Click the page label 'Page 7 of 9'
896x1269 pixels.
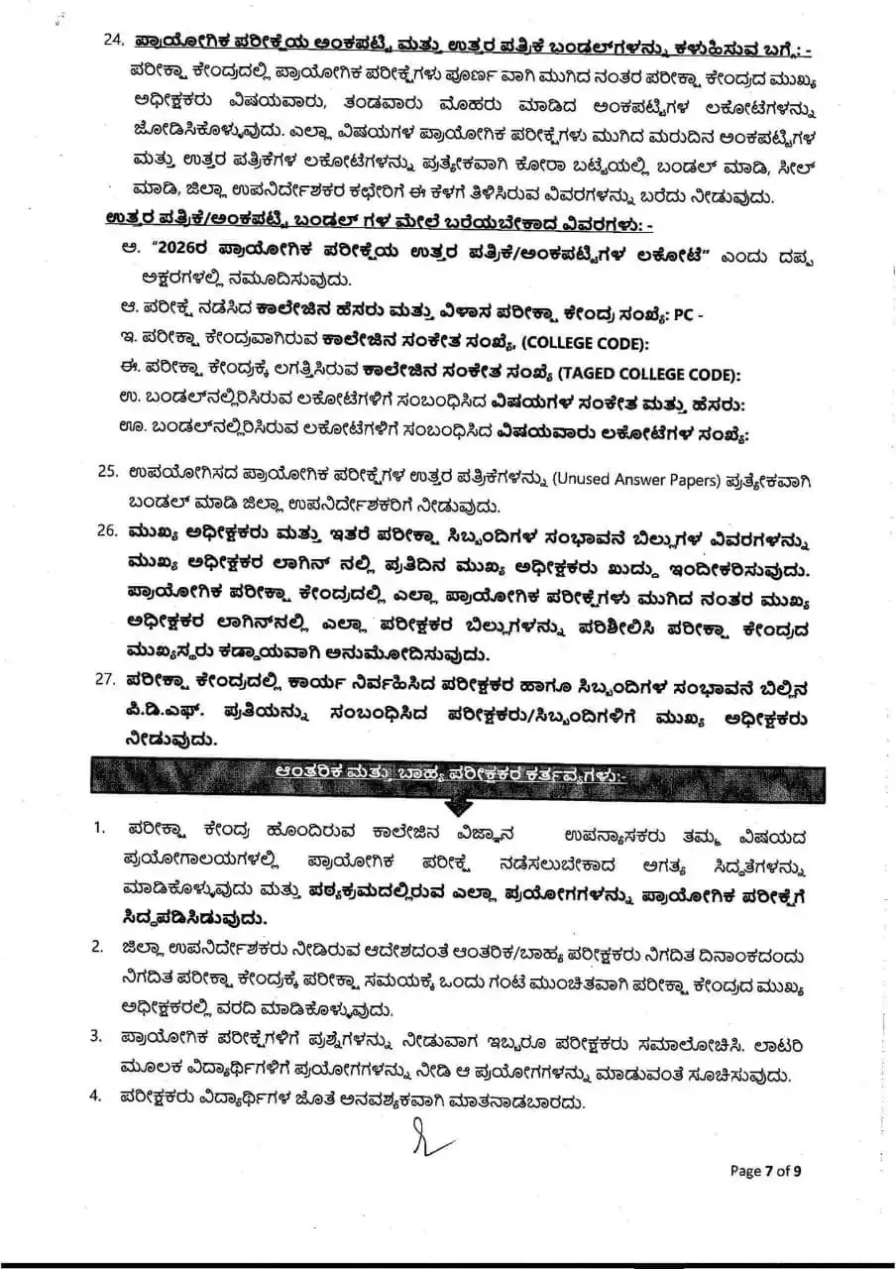[765, 1171]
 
